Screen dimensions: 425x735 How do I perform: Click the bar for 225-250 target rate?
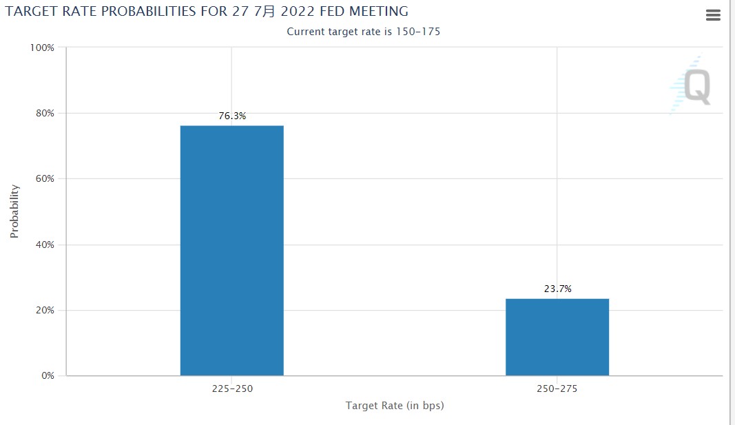click(231, 251)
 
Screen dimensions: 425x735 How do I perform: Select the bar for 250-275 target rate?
click(557, 337)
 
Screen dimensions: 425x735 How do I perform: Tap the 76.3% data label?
click(232, 116)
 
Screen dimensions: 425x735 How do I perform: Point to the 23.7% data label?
click(558, 289)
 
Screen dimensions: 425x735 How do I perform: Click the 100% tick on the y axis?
click(42, 48)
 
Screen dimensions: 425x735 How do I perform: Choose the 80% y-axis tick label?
click(44, 113)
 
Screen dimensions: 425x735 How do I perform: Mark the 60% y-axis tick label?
click(44, 179)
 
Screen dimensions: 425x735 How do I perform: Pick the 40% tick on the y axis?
click(44, 245)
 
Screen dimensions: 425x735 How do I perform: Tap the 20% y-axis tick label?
click(44, 310)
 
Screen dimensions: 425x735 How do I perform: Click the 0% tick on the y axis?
click(47, 376)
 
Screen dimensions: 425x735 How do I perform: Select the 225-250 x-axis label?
click(232, 389)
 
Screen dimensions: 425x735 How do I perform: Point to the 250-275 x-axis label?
click(557, 389)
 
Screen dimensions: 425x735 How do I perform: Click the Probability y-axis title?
click(14, 211)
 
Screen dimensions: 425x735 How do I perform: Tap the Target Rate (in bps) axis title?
click(395, 406)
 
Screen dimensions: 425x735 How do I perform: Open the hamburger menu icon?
click(713, 15)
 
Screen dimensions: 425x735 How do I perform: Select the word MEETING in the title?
click(378, 11)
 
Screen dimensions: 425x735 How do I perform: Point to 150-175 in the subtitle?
click(417, 32)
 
